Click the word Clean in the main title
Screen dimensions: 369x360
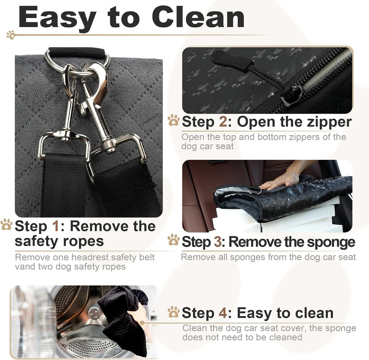(198, 17)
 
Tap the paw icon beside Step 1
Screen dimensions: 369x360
(6, 224)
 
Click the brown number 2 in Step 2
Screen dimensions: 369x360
(223, 122)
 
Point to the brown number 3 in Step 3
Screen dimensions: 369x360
(218, 242)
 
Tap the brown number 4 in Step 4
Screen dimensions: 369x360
(223, 313)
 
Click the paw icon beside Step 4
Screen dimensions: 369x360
(174, 312)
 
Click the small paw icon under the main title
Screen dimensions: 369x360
(11, 35)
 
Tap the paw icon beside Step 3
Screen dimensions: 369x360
(174, 240)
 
